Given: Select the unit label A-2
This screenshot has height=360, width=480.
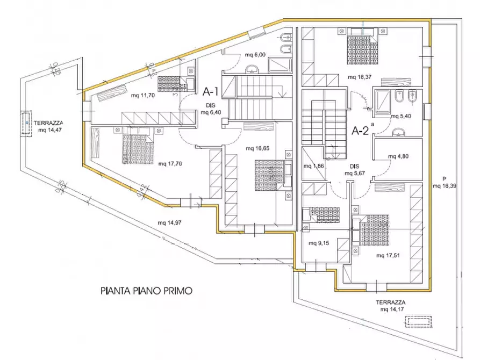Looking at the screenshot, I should coord(360,131).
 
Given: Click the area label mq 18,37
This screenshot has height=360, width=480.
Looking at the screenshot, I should coord(360,77).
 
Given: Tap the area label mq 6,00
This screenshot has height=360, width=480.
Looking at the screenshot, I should coord(256,55).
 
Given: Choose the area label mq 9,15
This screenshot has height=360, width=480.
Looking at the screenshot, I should coord(319,242).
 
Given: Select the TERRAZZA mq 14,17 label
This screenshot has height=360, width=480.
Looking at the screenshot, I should coord(391,306).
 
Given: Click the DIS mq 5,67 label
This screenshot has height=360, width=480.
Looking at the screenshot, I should coord(357,170).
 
